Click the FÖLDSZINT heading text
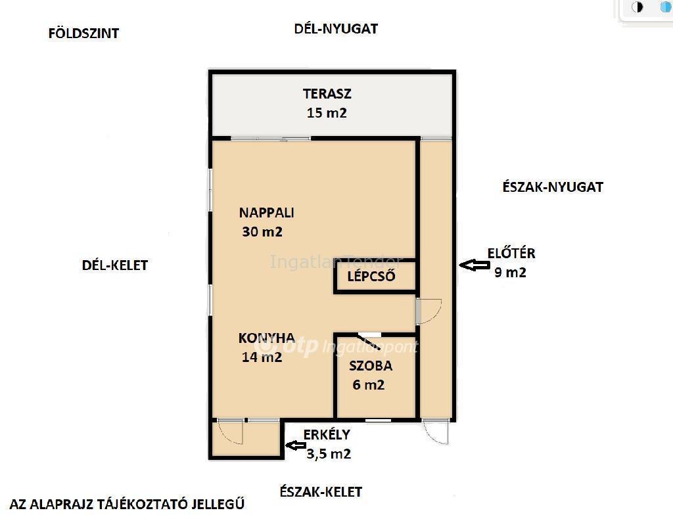click(83, 34)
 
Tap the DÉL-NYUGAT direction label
click(336, 29)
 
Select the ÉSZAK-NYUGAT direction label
click(553, 187)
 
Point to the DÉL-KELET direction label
click(114, 265)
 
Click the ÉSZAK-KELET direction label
click(321, 491)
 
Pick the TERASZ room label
click(327, 93)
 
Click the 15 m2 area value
click(327, 113)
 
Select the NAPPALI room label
click(267, 213)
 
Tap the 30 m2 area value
click(262, 232)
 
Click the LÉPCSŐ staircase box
click(375, 276)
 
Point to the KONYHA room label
click(267, 338)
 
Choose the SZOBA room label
click(371, 366)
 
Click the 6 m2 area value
click(368, 385)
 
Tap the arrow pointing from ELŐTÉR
click(475, 265)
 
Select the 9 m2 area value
click(510, 273)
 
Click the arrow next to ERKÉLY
click(296, 445)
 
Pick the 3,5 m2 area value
click(329, 454)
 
